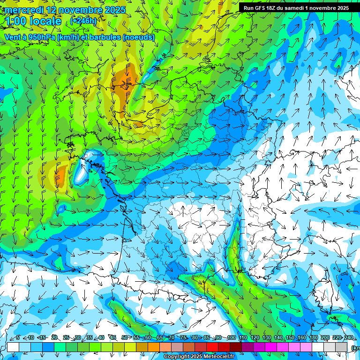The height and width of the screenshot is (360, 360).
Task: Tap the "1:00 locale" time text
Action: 34,21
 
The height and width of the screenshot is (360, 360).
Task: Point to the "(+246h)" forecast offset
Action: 83,21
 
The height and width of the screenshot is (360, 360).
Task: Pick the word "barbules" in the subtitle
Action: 105,37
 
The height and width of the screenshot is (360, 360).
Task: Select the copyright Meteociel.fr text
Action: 205,357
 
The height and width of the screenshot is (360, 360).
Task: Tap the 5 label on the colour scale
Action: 18,337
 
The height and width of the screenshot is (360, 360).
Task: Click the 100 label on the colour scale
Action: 231,337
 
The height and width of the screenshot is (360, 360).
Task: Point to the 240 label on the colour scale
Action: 349,337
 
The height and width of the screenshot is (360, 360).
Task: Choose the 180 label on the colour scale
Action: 314,337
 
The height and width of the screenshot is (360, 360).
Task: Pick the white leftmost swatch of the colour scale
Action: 13,347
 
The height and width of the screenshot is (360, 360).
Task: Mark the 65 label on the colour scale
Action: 159,337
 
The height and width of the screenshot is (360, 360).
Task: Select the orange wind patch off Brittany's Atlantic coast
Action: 60,176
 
